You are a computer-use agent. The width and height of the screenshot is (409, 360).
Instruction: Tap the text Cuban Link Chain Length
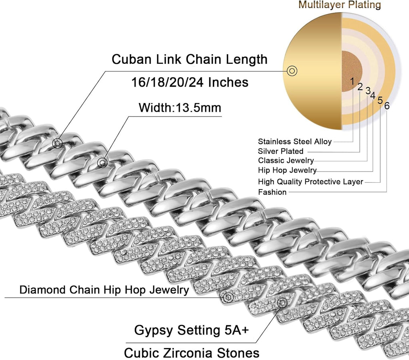189,59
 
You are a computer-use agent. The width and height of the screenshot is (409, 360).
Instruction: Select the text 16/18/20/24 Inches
190,82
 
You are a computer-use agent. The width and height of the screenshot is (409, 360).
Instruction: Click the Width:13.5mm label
180,107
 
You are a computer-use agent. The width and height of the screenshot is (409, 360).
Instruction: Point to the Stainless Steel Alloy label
295,142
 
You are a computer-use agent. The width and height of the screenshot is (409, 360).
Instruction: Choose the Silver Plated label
281,151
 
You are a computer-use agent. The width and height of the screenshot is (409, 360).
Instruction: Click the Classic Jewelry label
286,160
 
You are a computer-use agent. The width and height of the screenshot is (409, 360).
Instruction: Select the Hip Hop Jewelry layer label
287,170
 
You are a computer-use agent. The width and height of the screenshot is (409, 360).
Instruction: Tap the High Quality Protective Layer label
311,182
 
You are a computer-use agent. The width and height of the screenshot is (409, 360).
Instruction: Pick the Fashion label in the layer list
272,192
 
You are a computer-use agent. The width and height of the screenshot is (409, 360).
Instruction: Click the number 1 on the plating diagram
352,81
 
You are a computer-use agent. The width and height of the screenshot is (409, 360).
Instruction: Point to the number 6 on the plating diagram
386,106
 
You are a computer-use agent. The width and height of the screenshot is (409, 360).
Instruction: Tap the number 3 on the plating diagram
367,91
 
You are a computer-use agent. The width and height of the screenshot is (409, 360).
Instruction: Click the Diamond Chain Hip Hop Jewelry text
104,290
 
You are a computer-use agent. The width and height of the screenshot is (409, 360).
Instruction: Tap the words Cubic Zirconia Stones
192,353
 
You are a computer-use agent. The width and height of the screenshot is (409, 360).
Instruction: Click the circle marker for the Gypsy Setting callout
282,303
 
